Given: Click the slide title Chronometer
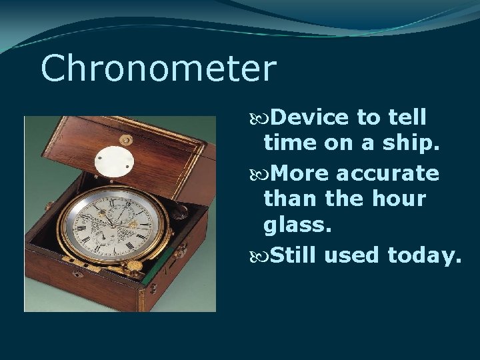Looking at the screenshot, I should pos(158,69).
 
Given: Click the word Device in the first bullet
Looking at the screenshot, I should pos(310,118).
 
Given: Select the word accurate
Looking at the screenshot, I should pos(387,174).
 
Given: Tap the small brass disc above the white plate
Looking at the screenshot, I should pos(125,139).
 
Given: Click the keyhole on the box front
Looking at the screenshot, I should pos(78,274).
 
